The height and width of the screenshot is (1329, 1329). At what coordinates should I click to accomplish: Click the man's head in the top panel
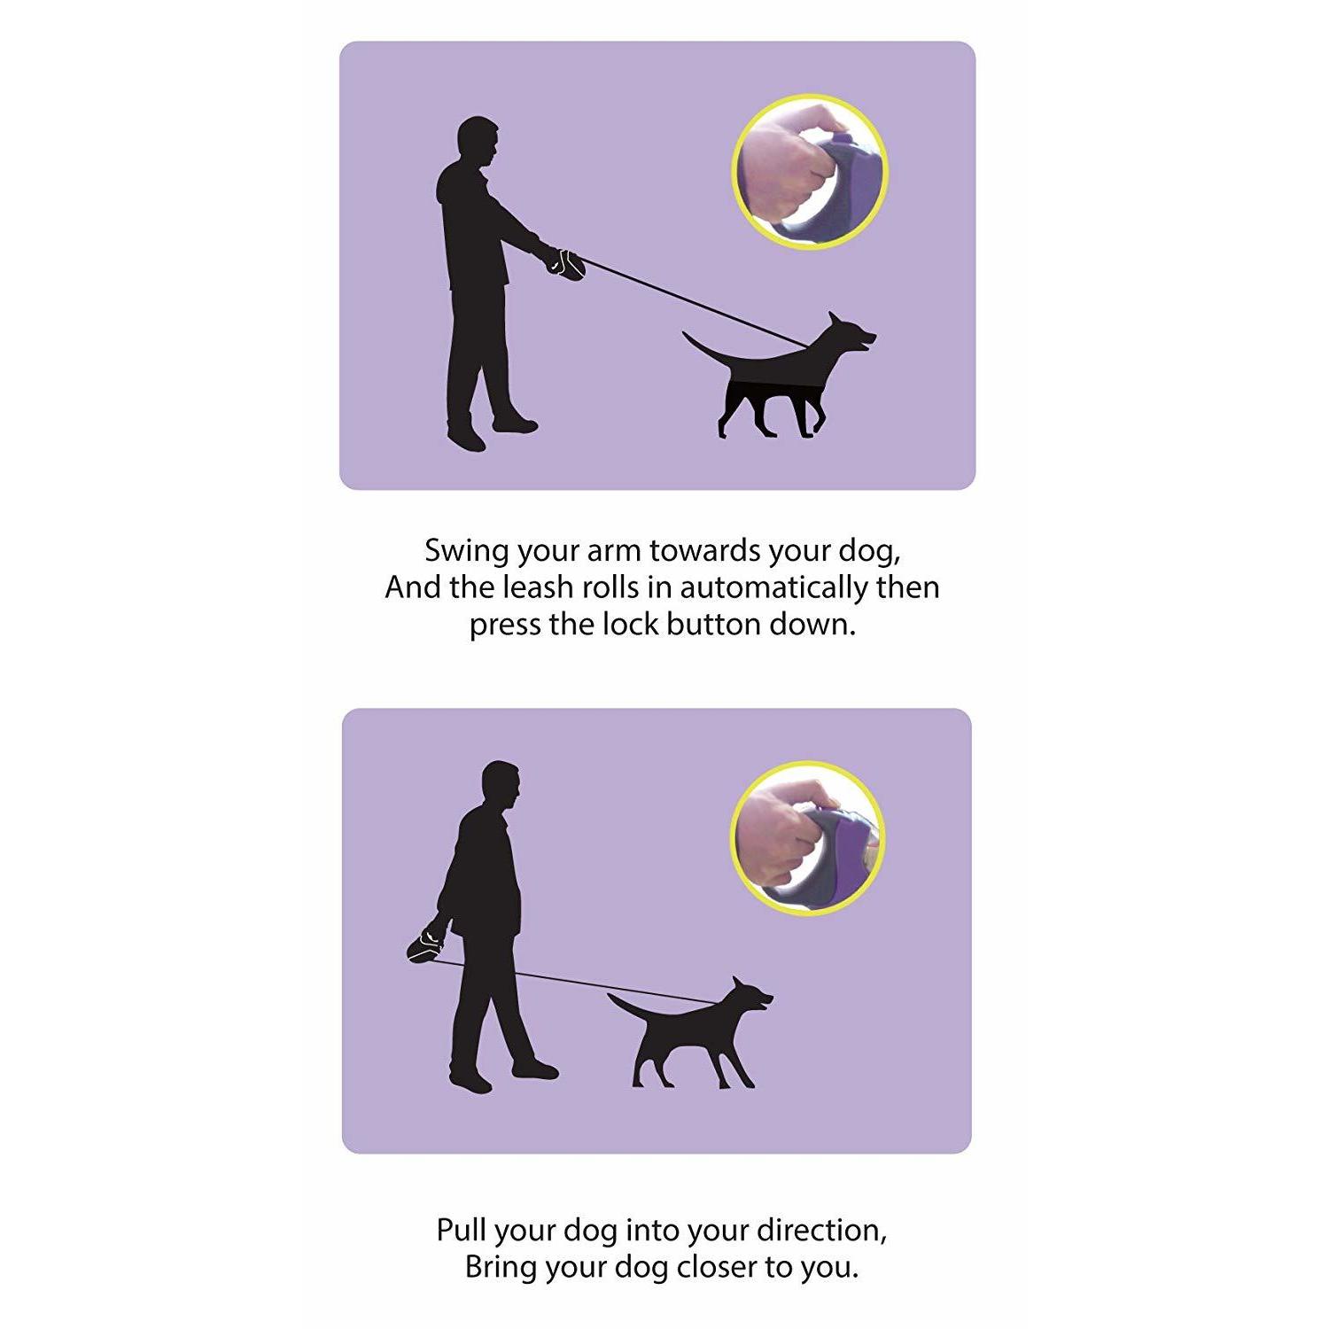pos(478,142)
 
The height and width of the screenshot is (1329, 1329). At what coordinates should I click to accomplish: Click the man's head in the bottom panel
pos(501,785)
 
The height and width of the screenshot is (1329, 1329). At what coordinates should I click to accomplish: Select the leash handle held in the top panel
pos(565,264)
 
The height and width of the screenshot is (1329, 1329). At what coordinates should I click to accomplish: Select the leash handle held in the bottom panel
pos(426,943)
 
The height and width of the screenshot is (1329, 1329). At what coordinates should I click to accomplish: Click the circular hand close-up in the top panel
pos(809,172)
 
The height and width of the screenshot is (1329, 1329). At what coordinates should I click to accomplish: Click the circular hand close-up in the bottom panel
pos(807,838)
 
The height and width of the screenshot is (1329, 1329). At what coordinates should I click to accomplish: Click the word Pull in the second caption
pos(461,1230)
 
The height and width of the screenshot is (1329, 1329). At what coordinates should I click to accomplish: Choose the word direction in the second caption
pos(820,1230)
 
